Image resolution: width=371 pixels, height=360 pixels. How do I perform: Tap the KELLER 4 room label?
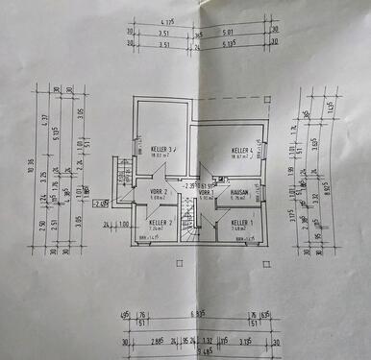tap(241, 152)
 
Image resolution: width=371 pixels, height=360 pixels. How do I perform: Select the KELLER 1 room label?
tap(241, 223)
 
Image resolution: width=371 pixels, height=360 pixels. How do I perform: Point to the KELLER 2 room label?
tap(160, 223)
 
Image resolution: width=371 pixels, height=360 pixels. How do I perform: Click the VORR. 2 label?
tap(159, 192)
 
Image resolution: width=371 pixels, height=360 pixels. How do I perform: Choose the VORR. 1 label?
tap(205, 193)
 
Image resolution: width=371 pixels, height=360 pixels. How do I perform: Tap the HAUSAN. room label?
tap(239, 192)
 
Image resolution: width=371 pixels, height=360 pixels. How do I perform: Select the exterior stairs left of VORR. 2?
tap(122, 174)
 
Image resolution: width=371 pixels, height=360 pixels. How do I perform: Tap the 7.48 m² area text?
tap(241, 230)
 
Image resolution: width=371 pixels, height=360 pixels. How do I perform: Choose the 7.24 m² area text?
tap(160, 230)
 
